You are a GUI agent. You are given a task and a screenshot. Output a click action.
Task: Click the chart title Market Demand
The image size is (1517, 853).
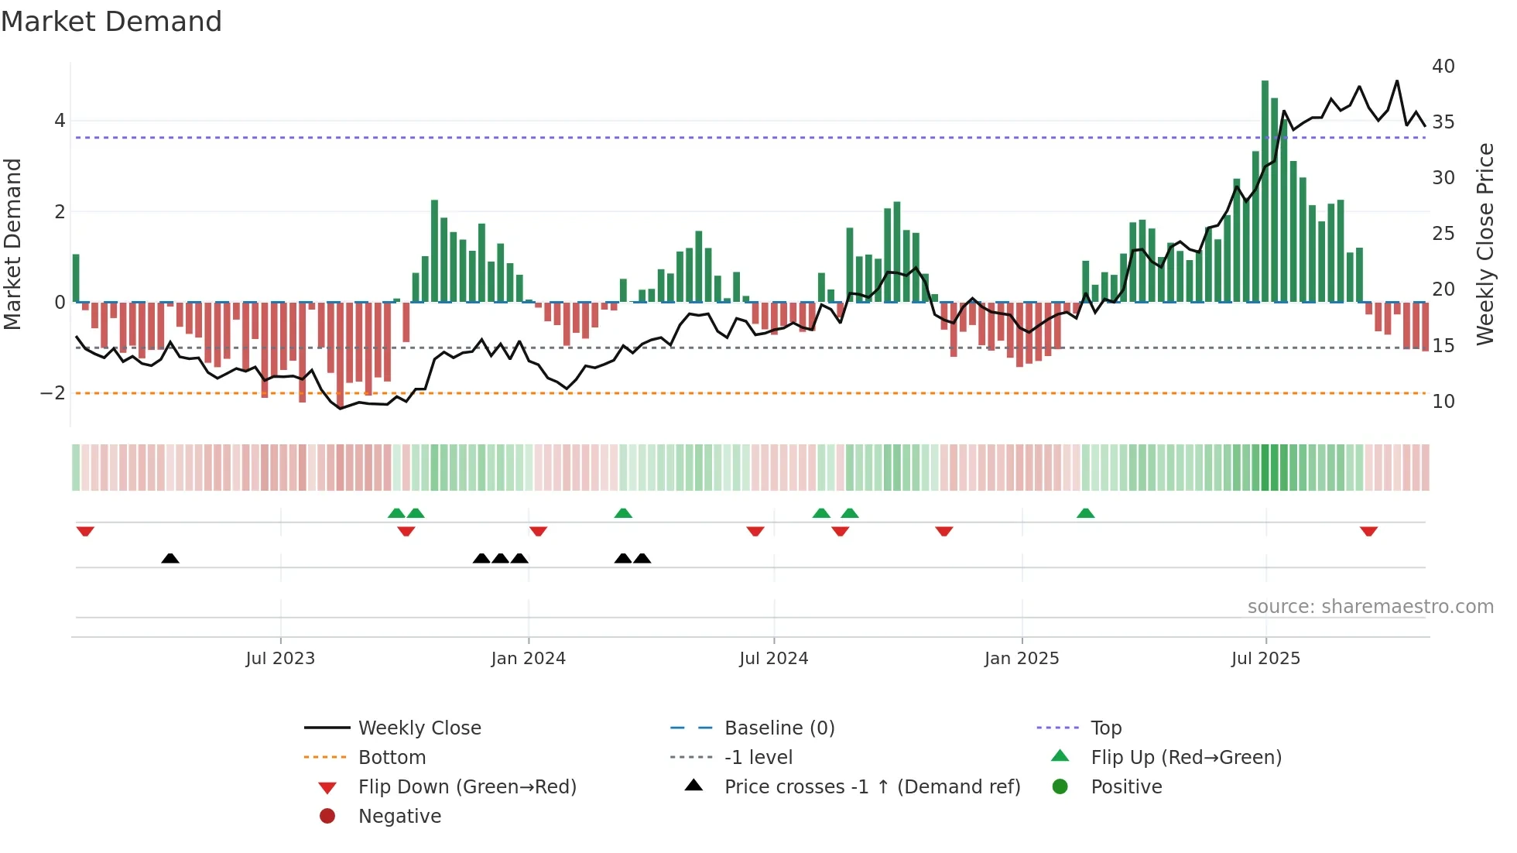[x=111, y=22]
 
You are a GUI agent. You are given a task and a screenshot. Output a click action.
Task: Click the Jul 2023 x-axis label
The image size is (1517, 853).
[x=280, y=659]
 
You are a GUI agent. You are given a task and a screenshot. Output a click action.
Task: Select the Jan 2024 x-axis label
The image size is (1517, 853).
[x=529, y=659]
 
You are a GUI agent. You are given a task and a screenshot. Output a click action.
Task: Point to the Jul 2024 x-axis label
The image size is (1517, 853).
[x=773, y=659]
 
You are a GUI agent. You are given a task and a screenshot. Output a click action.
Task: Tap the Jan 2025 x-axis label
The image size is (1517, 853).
[x=1022, y=659]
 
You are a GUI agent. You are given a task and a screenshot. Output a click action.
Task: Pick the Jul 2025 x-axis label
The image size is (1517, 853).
[x=1265, y=659]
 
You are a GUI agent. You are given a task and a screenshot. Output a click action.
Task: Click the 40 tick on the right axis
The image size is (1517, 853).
[x=1443, y=67]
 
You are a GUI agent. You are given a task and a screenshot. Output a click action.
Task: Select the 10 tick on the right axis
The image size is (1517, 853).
[x=1443, y=402]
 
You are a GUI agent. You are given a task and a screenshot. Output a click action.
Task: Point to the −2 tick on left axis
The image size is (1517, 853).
[x=53, y=393]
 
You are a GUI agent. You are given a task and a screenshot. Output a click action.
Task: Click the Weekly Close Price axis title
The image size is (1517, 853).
[x=1484, y=244]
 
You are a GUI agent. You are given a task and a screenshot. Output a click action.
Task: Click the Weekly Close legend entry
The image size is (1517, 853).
[x=419, y=728]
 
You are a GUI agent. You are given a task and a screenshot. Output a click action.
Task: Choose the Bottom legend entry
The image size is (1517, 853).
[x=392, y=758]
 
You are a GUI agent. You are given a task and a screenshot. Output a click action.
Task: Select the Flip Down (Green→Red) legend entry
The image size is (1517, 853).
[x=467, y=787]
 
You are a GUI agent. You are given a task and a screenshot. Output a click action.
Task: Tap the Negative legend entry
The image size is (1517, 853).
[x=399, y=817]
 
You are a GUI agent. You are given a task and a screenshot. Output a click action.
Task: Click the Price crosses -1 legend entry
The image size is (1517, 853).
[x=872, y=787]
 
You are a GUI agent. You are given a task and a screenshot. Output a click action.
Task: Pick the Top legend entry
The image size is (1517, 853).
[x=1106, y=728]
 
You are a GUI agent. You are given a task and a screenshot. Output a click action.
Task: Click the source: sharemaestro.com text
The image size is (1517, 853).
[x=1370, y=607]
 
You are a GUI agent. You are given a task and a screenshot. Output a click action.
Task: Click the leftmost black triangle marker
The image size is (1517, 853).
[x=170, y=558]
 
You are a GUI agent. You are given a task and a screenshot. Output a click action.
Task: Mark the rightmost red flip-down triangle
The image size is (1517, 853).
[x=1368, y=532]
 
